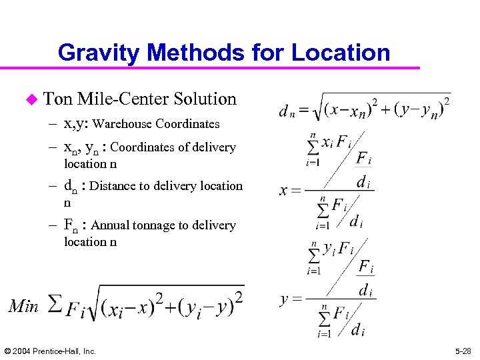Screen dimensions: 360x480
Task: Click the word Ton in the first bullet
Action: point(58,99)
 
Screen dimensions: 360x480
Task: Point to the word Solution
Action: point(205,99)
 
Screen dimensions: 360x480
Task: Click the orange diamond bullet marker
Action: point(30,99)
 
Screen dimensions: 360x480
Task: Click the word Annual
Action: point(112,225)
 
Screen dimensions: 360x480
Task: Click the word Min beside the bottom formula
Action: point(24,305)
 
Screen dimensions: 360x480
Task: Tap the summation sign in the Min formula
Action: point(57,305)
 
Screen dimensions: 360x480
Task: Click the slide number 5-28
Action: point(461,351)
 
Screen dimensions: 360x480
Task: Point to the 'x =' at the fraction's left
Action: point(289,191)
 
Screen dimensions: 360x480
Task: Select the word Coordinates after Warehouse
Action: point(189,124)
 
